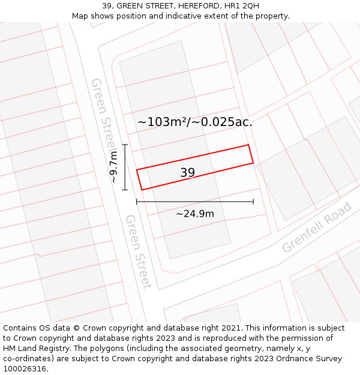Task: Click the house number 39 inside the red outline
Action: click(x=187, y=173)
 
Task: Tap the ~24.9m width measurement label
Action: click(x=195, y=214)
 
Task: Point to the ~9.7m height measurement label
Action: click(x=113, y=167)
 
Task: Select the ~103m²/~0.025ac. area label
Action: click(x=195, y=122)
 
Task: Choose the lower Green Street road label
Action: click(x=137, y=251)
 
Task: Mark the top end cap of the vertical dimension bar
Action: click(x=125, y=145)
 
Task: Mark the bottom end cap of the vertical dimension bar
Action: click(x=125, y=190)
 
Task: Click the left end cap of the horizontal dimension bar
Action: click(x=137, y=202)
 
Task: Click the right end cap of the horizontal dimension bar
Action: click(x=253, y=202)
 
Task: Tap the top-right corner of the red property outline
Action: click(x=248, y=145)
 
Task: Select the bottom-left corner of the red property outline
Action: click(x=142, y=190)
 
